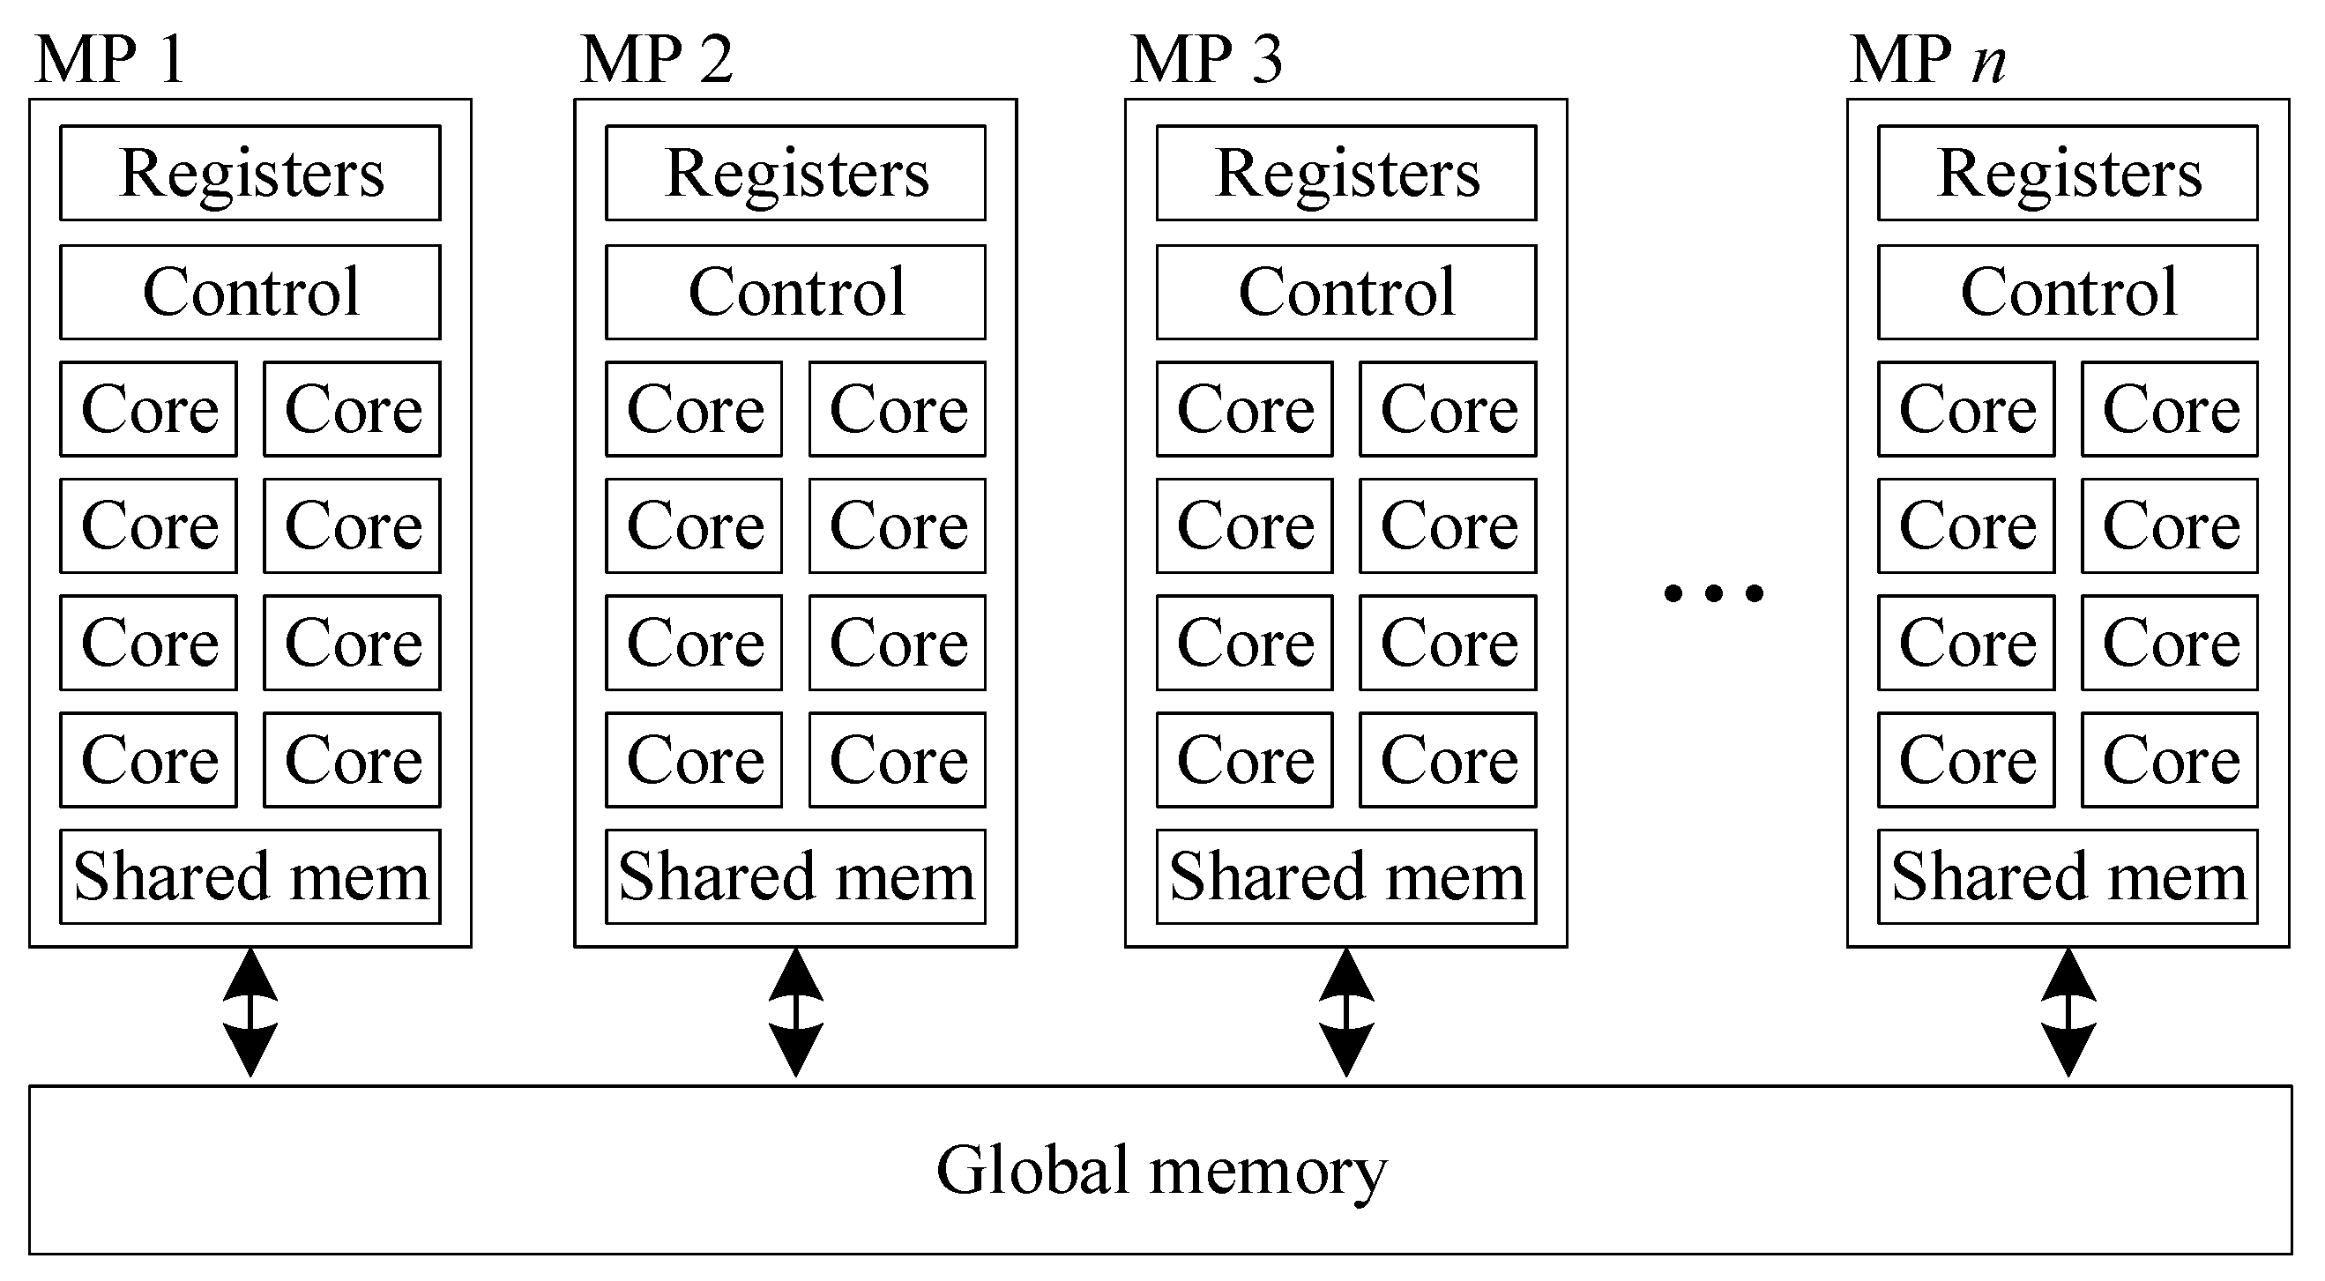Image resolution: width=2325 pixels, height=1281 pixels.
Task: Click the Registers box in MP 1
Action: point(250,173)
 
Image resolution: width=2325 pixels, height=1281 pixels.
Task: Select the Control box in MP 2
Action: point(795,292)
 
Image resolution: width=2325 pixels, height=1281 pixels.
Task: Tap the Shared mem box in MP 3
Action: point(1345,876)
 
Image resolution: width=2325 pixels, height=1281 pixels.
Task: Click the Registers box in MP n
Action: point(2068,173)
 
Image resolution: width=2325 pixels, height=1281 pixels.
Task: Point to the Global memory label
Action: point(1160,1170)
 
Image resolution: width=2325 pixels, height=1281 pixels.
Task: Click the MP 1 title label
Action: point(110,60)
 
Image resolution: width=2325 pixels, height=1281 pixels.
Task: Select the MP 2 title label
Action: point(656,60)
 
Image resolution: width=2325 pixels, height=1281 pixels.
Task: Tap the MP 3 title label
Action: point(1206,60)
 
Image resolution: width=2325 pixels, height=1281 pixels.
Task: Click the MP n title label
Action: point(1927,60)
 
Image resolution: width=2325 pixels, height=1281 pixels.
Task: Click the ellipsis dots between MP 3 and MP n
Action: point(1713,593)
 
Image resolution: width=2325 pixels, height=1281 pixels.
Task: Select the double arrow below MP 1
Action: point(250,1012)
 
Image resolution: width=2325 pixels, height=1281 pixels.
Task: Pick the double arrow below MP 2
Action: point(795,1012)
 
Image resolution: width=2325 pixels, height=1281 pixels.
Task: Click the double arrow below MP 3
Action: point(1345,1012)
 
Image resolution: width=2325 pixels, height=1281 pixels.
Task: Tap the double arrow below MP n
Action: point(2068,1012)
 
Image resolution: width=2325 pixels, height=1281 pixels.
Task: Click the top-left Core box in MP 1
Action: point(149,409)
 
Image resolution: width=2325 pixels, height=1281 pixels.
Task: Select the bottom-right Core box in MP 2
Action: point(898,759)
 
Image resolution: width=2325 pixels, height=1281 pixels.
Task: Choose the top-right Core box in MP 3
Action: point(1448,409)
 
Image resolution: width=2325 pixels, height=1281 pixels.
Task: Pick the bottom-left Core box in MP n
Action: point(1967,759)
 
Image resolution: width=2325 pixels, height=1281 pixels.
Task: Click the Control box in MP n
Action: point(2068,292)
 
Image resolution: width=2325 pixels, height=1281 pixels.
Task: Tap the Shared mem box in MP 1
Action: point(250,876)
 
